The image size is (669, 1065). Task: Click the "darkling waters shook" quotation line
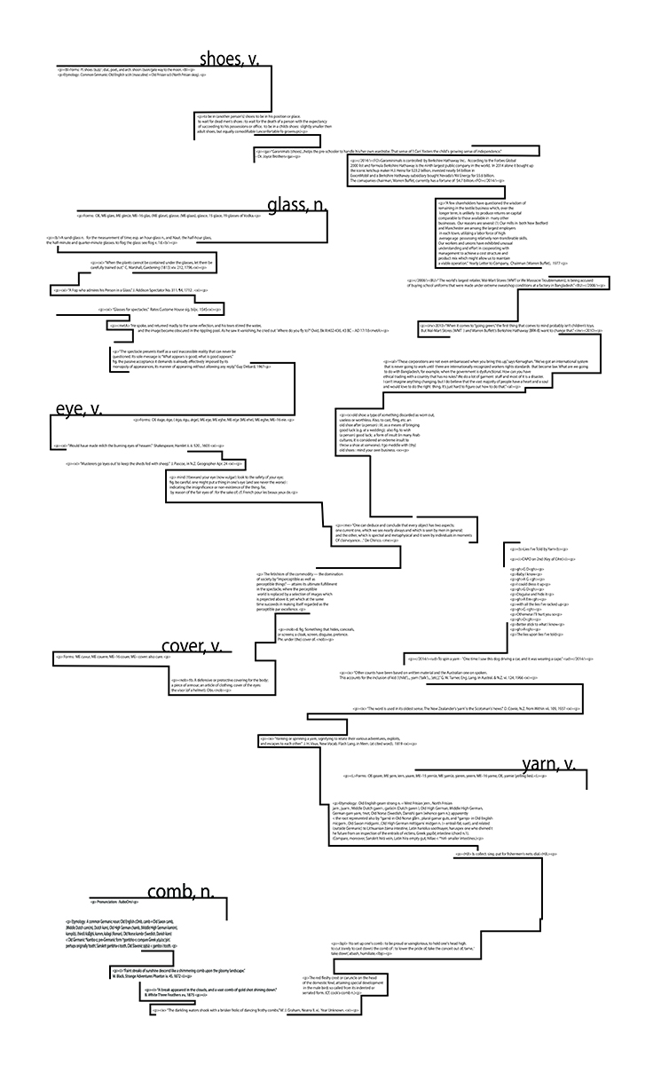click(256, 1035)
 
